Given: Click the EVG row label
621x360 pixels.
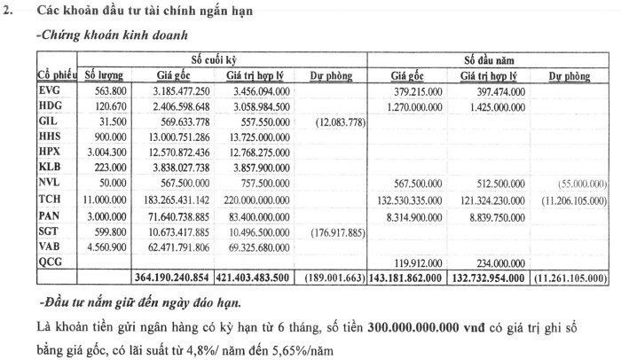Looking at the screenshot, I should coord(49,90).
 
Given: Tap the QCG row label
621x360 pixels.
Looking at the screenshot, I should coord(51,262).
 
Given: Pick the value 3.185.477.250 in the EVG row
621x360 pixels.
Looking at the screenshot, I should coord(183,90).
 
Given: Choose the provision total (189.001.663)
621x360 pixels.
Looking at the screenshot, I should coord(334,278).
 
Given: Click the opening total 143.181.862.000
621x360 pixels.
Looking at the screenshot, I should coord(412,278).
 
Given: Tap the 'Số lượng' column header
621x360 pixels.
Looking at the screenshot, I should coord(104,75).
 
